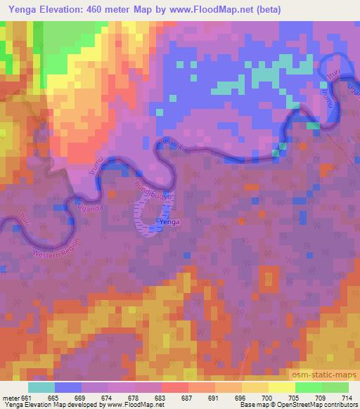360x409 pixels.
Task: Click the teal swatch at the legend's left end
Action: point(42,387)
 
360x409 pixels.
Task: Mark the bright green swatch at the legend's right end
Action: point(335,387)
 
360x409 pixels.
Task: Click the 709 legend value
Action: point(319,397)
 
